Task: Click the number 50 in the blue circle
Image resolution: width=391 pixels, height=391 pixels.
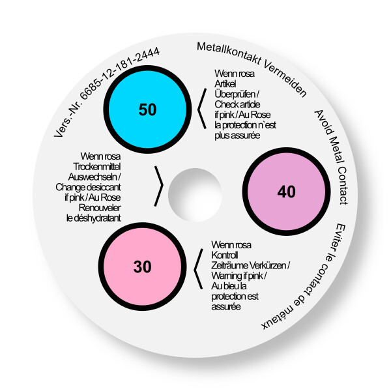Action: coord(147,109)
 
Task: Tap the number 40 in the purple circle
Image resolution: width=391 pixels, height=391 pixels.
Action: coord(286,192)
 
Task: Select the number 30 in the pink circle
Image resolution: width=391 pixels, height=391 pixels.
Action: coord(142,267)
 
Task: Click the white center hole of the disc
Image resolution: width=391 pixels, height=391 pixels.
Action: coord(195,195)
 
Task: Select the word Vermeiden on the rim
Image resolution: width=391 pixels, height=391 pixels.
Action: coord(286,79)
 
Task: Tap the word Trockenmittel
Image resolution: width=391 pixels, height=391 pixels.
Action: coord(96,167)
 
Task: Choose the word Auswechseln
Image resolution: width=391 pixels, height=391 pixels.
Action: coord(93,177)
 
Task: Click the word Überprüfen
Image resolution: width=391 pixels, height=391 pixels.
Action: coord(235,94)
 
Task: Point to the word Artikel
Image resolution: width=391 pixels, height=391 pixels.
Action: coord(225,84)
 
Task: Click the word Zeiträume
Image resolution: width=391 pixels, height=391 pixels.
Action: coord(229,265)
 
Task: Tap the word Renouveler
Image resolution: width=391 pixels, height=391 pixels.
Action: coord(100,208)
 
